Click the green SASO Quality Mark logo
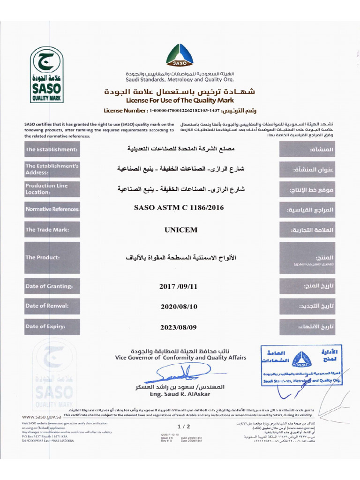click(46, 75)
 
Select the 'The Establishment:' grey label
click(52, 149)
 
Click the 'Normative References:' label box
click(52, 209)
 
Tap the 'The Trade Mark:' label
click(52, 230)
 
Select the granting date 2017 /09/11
click(180, 286)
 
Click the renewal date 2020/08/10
click(180, 306)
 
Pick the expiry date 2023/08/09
click(180, 327)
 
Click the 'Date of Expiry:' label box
click(52, 326)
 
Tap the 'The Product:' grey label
click(52, 257)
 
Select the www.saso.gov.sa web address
click(42, 416)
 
